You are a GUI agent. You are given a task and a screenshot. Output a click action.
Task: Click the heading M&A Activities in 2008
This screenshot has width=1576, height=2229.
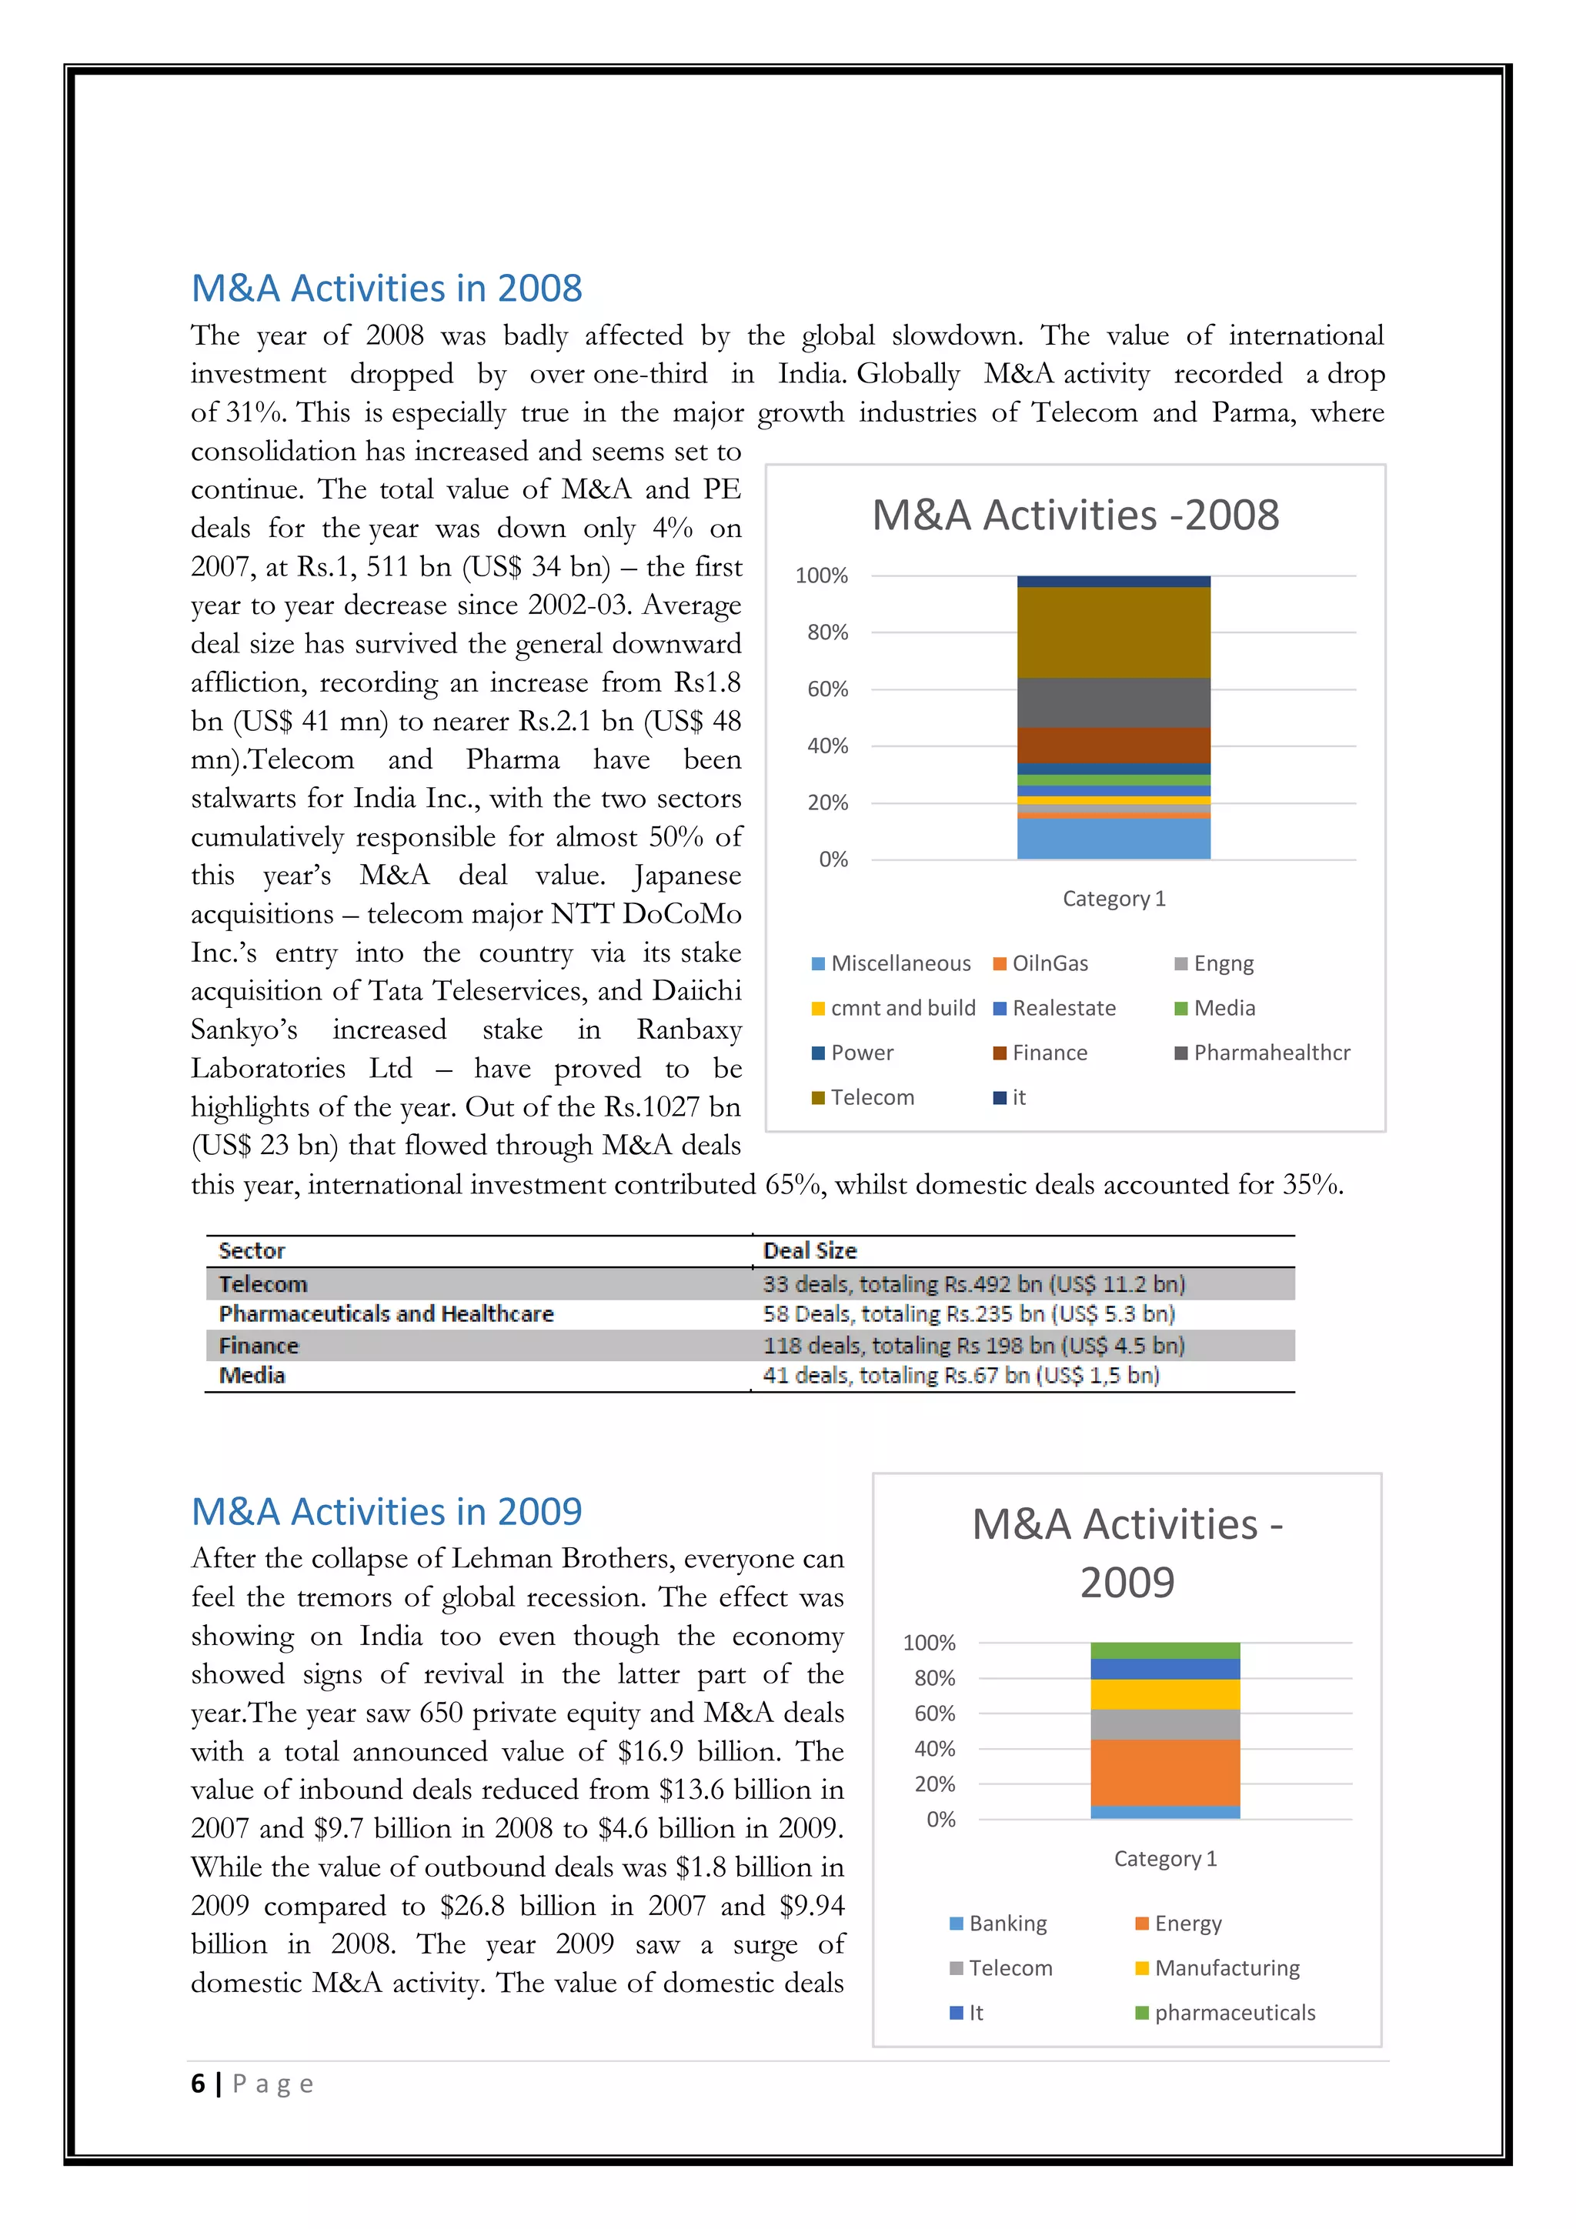pos(386,289)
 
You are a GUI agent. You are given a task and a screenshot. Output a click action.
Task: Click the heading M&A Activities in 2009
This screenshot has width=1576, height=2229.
pos(386,1512)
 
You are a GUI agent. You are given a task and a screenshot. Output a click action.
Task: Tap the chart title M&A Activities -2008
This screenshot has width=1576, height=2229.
pos(1075,515)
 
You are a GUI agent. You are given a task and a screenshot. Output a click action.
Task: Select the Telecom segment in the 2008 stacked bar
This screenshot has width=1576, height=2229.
pos(1114,632)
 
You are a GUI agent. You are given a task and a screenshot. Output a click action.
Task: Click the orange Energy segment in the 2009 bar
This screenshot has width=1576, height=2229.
pos(1164,1772)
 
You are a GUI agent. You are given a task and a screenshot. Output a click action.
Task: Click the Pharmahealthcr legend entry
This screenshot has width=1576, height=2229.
pos(1270,1053)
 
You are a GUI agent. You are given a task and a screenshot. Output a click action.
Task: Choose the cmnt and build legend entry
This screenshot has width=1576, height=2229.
pos(901,1008)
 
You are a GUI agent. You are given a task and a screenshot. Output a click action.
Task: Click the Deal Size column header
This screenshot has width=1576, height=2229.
pos(810,1250)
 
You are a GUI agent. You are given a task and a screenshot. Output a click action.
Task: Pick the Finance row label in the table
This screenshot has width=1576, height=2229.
pos(259,1346)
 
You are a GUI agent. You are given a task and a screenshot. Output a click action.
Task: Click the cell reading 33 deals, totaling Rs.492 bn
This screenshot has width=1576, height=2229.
pos(973,1283)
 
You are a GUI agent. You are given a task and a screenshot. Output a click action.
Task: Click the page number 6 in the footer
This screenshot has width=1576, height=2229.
pos(198,2084)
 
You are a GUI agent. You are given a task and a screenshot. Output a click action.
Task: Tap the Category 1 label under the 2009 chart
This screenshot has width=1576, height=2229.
pos(1164,1858)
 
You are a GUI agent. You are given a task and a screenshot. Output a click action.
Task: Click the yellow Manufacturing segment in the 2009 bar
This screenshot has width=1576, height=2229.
pos(1164,1694)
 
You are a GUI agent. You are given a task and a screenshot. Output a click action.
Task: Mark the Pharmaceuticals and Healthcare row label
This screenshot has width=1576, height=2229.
pos(386,1313)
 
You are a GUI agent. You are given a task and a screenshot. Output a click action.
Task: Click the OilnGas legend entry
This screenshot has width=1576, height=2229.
pos(1049,963)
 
